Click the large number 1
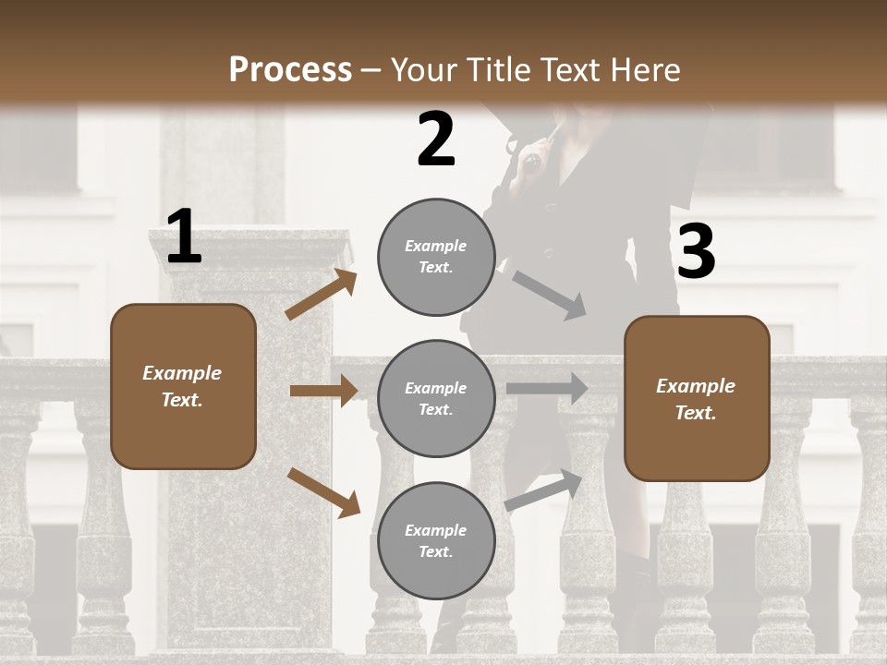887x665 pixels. tap(184, 237)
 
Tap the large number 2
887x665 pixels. tap(436, 139)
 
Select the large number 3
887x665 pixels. tap(696, 252)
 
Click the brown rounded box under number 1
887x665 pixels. tap(183, 386)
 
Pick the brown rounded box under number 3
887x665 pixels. tap(697, 398)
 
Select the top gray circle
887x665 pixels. tap(436, 257)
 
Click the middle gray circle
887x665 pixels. tap(436, 398)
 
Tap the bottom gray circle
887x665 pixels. tap(436, 540)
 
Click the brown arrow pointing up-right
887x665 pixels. tap(322, 295)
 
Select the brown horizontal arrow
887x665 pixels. tap(323, 391)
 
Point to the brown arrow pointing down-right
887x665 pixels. tap(323, 491)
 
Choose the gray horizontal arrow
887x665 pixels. tap(546, 389)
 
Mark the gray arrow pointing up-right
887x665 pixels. tap(543, 490)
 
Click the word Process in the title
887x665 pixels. tap(290, 69)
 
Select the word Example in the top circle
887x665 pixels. tap(436, 246)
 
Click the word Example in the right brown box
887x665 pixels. tap(696, 386)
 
